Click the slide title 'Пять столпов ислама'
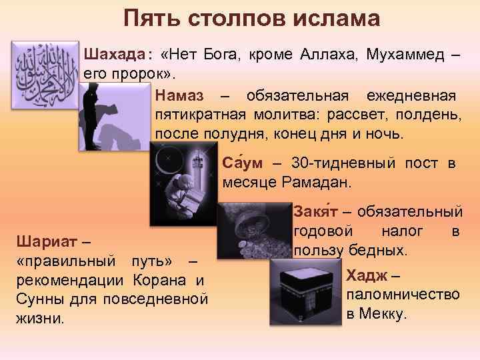[242, 17]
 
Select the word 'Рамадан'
[326, 182]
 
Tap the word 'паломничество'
[403, 295]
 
